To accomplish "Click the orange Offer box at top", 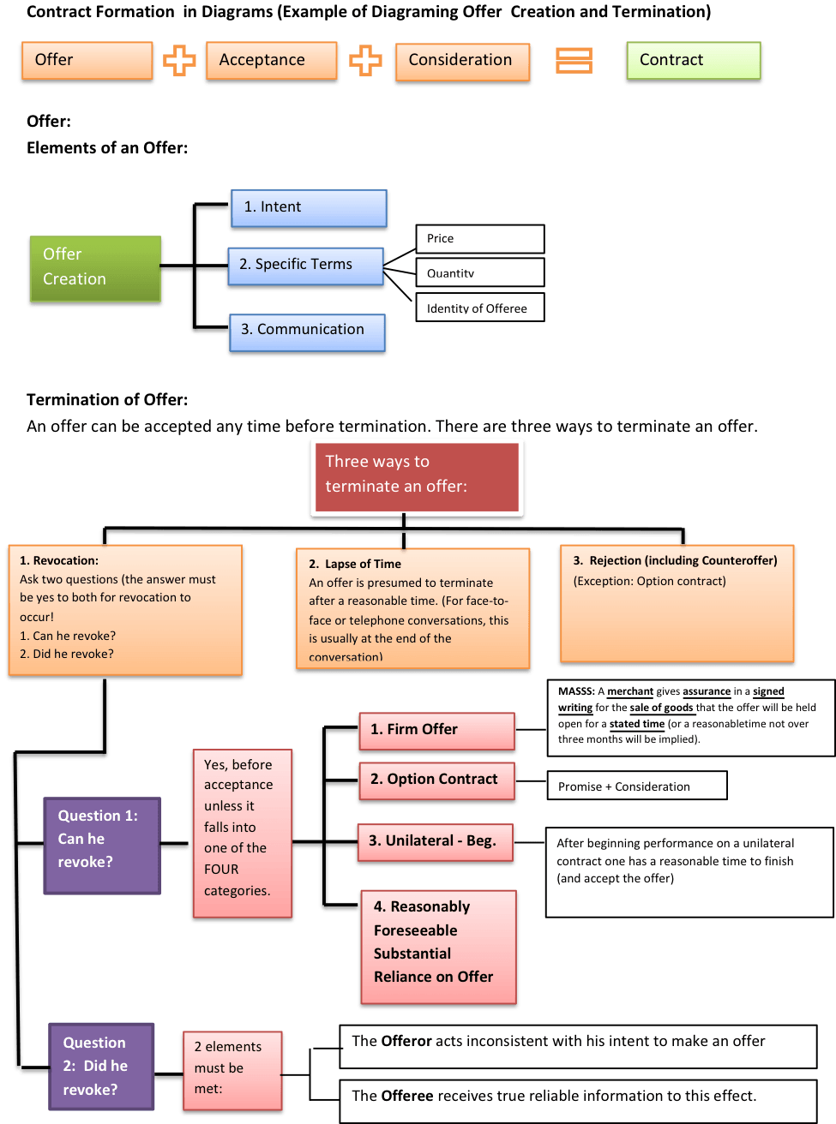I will pyautogui.click(x=87, y=61).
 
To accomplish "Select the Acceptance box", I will pyautogui.click(x=271, y=61).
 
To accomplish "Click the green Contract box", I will pyautogui.click(x=693, y=61).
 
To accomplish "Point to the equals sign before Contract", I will pyautogui.click(x=574, y=61).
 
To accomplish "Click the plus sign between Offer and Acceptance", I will pyautogui.click(x=179, y=61).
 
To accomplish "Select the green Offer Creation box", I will pyautogui.click(x=95, y=269).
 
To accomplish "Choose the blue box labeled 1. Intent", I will pyautogui.click(x=309, y=208).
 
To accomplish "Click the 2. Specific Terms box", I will pyautogui.click(x=304, y=266).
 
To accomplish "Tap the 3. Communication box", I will pyautogui.click(x=307, y=332).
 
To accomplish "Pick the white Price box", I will pyautogui.click(x=479, y=239).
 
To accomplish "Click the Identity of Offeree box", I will pyautogui.click(x=479, y=308).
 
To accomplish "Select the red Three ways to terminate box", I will pyautogui.click(x=416, y=476).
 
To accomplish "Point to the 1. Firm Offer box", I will pyautogui.click(x=436, y=731).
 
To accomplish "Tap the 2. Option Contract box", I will pyautogui.click(x=436, y=780).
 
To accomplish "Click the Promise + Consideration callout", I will pyautogui.click(x=636, y=786).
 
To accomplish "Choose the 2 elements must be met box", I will pyautogui.click(x=232, y=1070).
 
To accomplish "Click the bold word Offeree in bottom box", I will pyautogui.click(x=406, y=1096).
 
